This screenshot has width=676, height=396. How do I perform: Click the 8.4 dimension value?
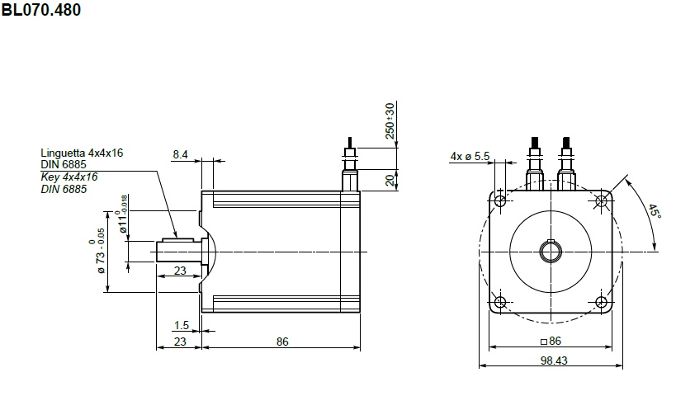180,154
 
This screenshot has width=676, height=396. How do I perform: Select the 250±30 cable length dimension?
390,120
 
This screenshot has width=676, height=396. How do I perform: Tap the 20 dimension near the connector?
390,180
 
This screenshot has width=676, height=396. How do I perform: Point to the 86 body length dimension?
282,342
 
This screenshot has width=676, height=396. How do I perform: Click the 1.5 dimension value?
181,325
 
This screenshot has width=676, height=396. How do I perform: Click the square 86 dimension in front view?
550,341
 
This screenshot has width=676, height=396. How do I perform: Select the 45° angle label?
653,211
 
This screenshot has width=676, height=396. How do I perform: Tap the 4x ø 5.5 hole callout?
470,156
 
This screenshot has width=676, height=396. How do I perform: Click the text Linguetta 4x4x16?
82,153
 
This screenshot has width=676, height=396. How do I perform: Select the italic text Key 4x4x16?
69,177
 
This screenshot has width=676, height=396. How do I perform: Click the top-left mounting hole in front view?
499,200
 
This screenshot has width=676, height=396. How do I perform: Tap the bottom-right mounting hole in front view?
600,302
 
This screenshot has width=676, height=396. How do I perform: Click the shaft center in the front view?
550,251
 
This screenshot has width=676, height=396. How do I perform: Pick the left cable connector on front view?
535,165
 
